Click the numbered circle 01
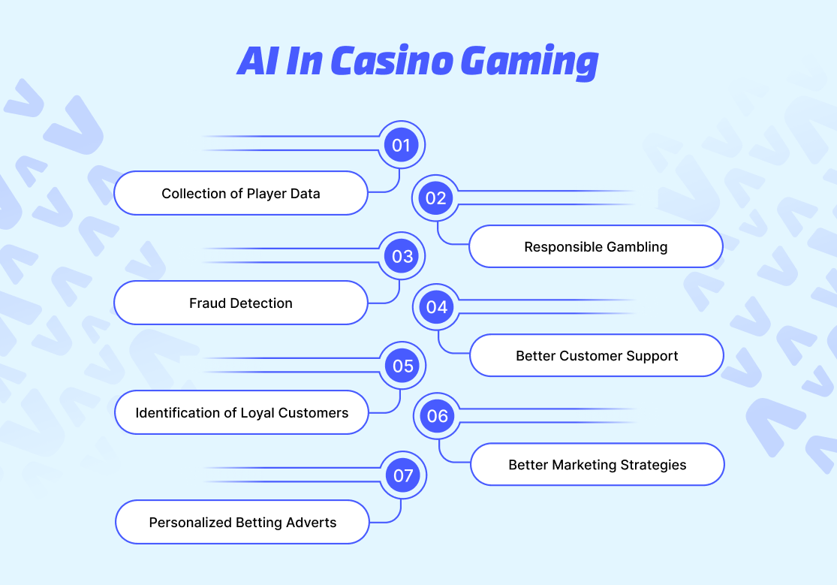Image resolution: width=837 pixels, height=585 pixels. coord(402,144)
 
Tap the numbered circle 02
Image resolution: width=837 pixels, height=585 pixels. coord(436,198)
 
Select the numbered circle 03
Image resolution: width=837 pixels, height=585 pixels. coord(402,256)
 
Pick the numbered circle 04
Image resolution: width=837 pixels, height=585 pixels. coord(437,307)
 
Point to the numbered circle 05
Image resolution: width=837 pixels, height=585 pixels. coord(403,366)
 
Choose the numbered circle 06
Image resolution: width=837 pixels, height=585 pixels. coord(438,416)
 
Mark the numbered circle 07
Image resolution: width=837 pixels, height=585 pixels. coord(403,475)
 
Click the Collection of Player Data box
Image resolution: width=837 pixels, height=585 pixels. coord(241,194)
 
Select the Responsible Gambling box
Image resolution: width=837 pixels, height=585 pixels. coord(596,246)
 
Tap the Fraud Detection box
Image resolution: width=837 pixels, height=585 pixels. coord(241,303)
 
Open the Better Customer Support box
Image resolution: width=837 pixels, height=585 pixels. coord(597,356)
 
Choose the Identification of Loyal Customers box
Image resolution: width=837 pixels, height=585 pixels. coord(242,412)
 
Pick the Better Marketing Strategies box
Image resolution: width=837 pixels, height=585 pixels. coord(598,465)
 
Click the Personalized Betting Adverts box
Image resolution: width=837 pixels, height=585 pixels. coord(242,522)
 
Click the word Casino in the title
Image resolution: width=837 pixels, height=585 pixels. coord(390,61)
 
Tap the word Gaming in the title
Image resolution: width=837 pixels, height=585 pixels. coord(529,62)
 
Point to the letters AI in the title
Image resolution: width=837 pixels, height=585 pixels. coord(256,61)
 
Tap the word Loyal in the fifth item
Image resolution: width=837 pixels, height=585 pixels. coord(257,412)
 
